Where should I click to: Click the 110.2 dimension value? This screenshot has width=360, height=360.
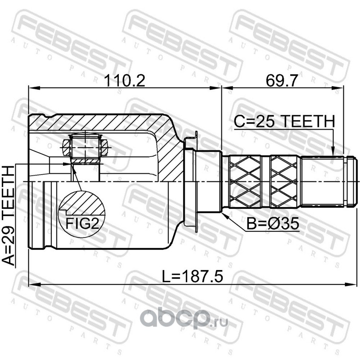click(125, 81)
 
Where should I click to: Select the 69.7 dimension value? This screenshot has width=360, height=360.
click(282, 81)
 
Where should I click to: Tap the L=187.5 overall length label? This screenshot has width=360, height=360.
click(193, 276)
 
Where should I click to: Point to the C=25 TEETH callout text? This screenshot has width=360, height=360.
click(284, 121)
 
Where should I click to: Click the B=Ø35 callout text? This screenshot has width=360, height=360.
click(273, 223)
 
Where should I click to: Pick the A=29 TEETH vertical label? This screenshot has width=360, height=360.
click(8, 216)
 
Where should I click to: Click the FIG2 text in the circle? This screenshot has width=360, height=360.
click(82, 223)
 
